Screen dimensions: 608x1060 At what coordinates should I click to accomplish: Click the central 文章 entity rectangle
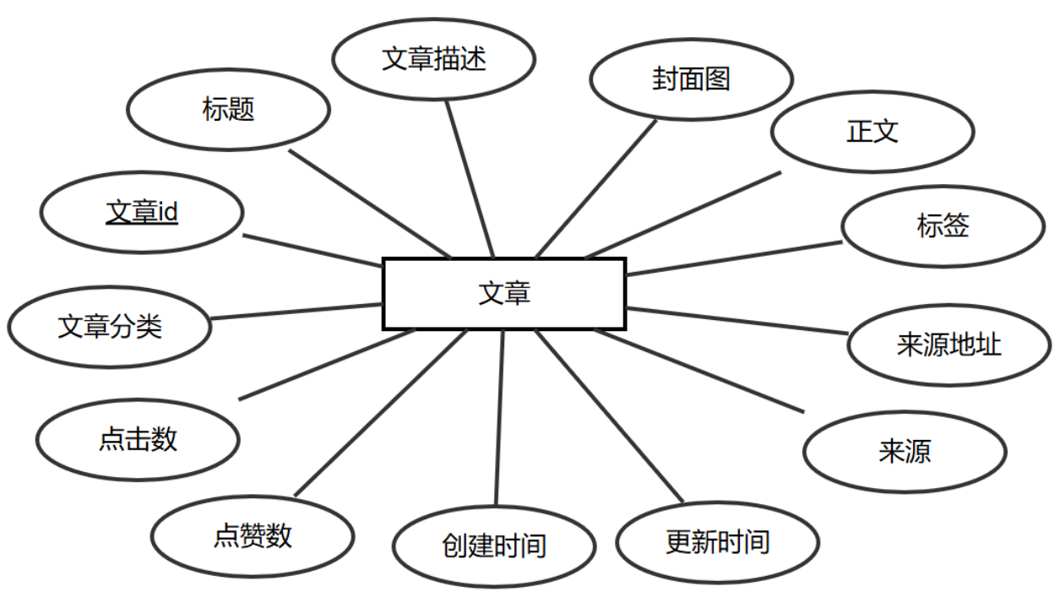(504, 293)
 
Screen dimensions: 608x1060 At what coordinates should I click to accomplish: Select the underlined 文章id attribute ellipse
(142, 213)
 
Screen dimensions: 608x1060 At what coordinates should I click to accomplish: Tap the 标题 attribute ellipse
(228, 110)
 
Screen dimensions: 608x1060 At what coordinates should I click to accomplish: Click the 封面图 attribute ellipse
(691, 79)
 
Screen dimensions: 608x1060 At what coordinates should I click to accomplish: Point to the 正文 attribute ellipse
(872, 132)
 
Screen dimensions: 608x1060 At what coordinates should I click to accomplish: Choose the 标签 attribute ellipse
(943, 226)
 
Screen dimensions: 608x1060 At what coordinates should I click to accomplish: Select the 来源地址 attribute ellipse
(949, 345)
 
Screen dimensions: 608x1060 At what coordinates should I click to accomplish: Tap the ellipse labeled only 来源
(904, 452)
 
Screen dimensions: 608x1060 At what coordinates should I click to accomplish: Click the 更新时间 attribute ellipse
(718, 541)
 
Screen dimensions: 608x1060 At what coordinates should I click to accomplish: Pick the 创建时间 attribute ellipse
(494, 546)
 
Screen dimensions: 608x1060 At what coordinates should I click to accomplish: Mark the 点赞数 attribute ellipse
(253, 535)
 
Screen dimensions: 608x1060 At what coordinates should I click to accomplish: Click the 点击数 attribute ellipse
(138, 439)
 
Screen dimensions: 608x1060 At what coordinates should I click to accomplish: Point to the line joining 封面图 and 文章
(596, 188)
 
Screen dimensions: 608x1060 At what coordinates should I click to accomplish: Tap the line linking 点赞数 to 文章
(380, 413)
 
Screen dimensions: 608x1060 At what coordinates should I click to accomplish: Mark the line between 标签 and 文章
(735, 258)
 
